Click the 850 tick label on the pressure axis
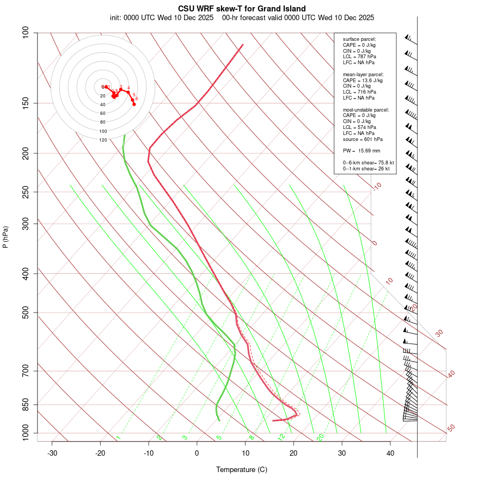point(26,405)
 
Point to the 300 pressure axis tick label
point(26,223)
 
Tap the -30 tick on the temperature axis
point(52,453)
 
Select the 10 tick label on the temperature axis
point(246,453)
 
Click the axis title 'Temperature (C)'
point(241,469)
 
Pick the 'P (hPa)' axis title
point(5,237)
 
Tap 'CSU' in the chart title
point(187,9)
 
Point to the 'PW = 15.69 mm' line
point(361,151)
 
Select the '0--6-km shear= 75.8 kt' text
point(368,162)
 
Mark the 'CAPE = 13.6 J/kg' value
point(363,80)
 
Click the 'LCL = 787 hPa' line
point(359,57)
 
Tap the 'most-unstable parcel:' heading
point(366,109)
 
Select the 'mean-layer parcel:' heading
point(363,74)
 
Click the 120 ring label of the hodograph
point(103,140)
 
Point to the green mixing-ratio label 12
point(281,437)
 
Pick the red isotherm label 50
point(451,428)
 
